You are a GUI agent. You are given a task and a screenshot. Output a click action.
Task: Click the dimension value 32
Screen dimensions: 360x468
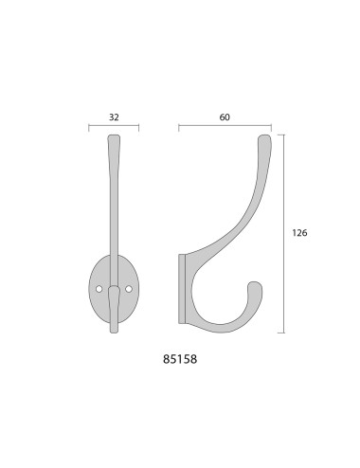(114, 117)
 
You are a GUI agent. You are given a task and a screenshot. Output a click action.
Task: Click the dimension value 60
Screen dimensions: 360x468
(225, 117)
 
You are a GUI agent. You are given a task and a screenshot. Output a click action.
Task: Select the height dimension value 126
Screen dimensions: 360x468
(299, 233)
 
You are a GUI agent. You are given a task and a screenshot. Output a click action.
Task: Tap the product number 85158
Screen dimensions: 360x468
(180, 359)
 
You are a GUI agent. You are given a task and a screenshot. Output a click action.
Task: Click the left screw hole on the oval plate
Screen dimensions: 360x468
(99, 289)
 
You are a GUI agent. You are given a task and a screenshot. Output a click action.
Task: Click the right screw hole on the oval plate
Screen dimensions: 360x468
(129, 289)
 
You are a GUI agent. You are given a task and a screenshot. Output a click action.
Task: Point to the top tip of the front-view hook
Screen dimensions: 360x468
(114, 136)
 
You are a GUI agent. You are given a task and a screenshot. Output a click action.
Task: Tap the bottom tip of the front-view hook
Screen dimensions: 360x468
(114, 332)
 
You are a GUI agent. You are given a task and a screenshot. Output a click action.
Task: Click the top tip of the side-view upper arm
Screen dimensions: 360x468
(265, 136)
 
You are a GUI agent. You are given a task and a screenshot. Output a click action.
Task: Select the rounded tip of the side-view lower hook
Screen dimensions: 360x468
(255, 283)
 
